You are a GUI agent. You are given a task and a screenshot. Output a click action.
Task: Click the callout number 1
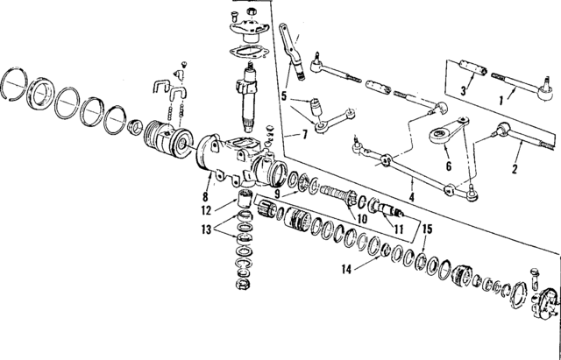click(x=501, y=101)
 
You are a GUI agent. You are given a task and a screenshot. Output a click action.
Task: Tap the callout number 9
click(x=277, y=194)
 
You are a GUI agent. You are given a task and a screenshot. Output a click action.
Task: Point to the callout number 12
click(x=204, y=210)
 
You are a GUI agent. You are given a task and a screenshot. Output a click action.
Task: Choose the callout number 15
click(x=427, y=229)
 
